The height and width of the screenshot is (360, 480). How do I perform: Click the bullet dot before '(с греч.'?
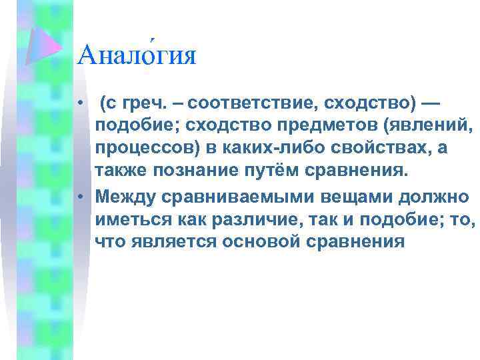(80, 105)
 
